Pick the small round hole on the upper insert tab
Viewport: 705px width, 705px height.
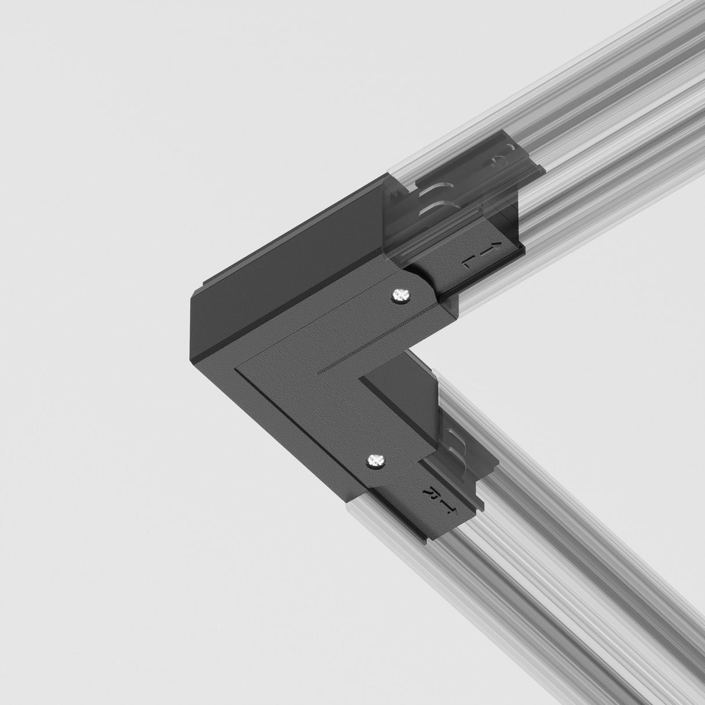498,159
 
